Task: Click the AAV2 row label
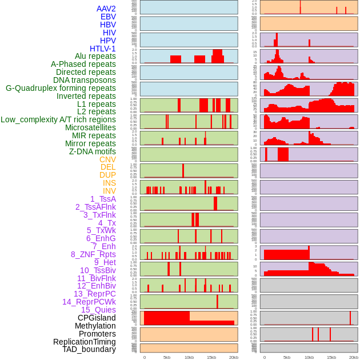tap(106, 9)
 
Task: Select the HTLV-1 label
tap(103, 49)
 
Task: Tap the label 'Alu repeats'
tap(95, 56)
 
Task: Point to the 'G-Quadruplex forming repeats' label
tap(61, 88)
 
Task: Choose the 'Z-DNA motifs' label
tap(93, 151)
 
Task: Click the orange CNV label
tap(107, 159)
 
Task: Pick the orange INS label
tap(109, 183)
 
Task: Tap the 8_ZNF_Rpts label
tap(93, 254)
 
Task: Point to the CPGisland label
tap(97, 318)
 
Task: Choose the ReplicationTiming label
tap(85, 342)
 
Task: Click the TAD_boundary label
tap(89, 349)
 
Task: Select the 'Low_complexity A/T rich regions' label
tap(58, 119)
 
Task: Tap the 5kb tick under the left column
tap(167, 357)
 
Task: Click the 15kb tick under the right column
tap(331, 357)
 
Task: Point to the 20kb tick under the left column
tap(234, 357)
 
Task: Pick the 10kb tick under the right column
tap(309, 357)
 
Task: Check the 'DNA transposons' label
tap(85, 80)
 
